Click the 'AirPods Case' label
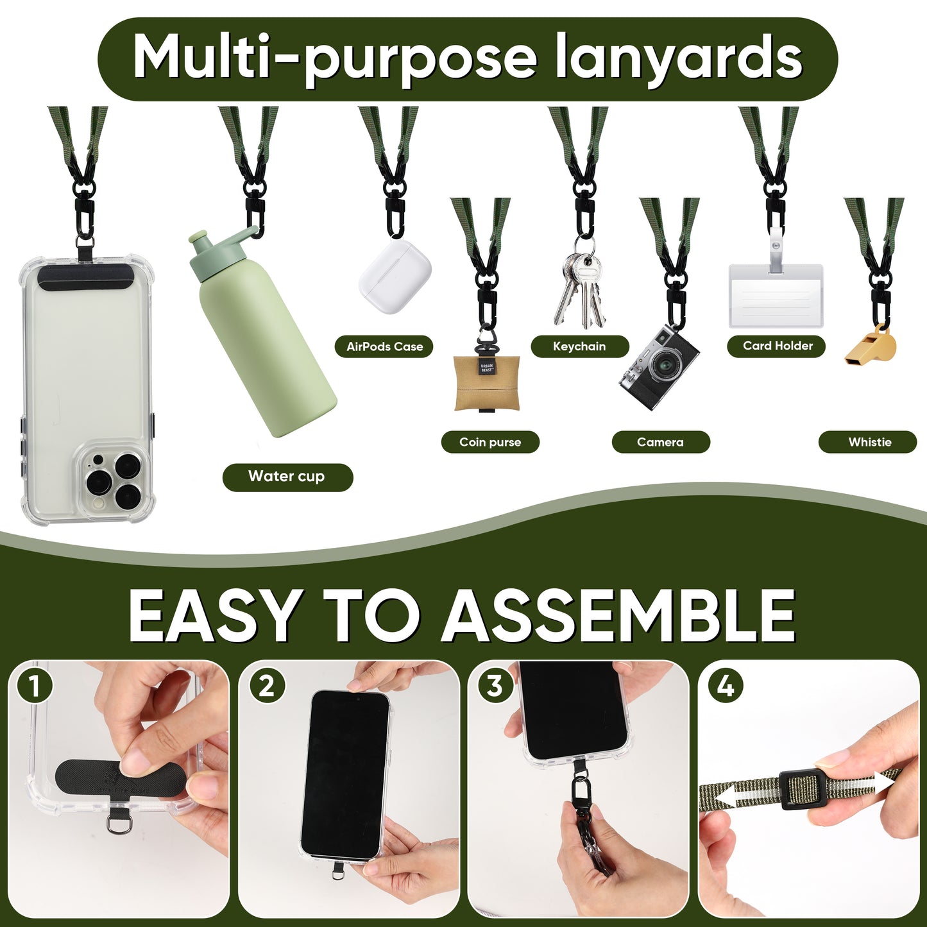click(384, 346)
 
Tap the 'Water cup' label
click(287, 477)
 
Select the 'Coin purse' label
click(489, 442)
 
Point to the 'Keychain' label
click(580, 346)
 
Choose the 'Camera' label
click(661, 442)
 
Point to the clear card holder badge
click(776, 294)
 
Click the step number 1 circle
click(34, 686)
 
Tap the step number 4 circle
click(726, 686)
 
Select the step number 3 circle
click(495, 686)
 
